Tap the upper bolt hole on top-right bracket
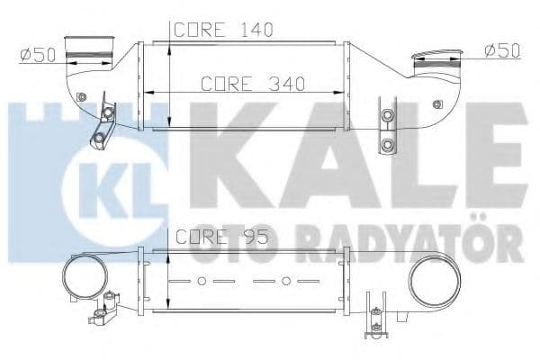click(x=388, y=116)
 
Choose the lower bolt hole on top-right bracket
click(x=388, y=144)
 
